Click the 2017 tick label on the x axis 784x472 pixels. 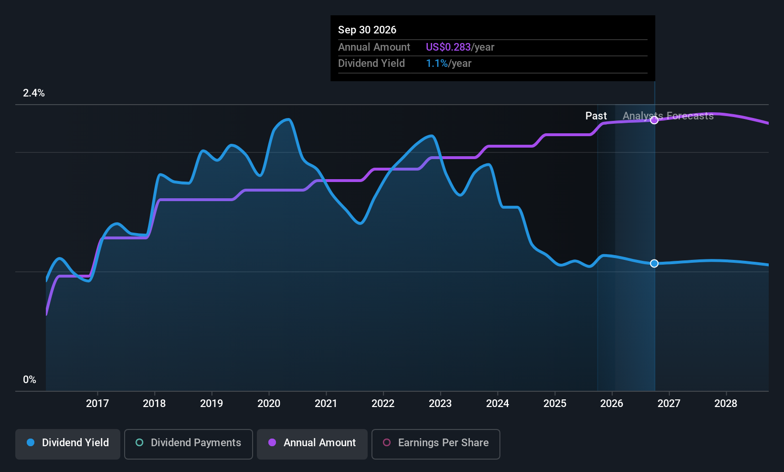[97, 403]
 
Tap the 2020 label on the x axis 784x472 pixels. [269, 403]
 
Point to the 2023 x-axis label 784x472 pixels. [440, 403]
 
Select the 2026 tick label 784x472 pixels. [612, 403]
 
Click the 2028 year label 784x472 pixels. [726, 403]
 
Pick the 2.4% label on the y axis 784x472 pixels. [34, 93]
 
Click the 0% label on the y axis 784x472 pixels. [30, 380]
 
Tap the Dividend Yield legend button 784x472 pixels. [67, 444]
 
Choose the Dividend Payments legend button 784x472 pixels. [188, 444]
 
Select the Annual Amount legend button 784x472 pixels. [312, 444]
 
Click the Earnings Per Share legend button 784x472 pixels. [436, 444]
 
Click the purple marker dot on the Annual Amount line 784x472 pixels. [654, 120]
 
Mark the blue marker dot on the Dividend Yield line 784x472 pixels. [654, 263]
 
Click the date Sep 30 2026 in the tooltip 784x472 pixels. [367, 30]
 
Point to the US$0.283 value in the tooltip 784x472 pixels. [448, 47]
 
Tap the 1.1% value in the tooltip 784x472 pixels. [437, 64]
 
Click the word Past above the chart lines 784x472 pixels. [596, 116]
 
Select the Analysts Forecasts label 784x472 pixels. [668, 116]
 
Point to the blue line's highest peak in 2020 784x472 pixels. [288, 119]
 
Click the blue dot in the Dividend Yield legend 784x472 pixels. [31, 442]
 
